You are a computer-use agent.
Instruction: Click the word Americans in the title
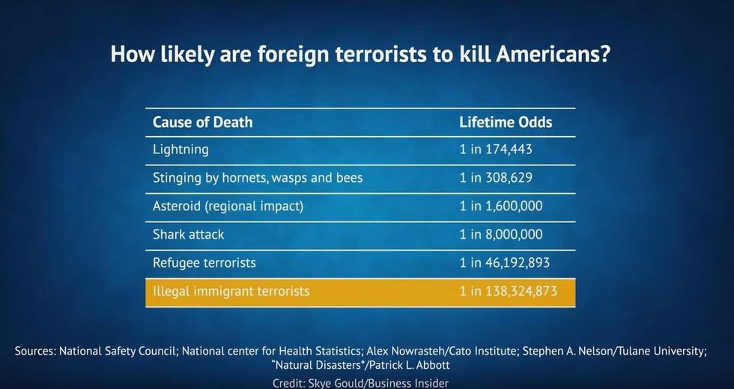coord(553,54)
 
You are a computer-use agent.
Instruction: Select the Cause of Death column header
coord(203,122)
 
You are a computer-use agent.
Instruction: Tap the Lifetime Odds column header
coord(506,122)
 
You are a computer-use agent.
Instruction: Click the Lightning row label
coord(181,150)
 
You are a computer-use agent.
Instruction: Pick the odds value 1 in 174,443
coord(496,150)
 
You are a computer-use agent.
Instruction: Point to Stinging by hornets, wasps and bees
coord(258,178)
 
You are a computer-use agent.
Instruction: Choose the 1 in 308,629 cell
coord(496,178)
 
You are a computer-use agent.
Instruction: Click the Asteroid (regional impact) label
coord(228,206)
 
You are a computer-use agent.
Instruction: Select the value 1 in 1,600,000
coord(501,206)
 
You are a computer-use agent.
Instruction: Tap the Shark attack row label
coord(188,234)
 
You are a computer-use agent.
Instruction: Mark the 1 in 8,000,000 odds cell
coord(501,234)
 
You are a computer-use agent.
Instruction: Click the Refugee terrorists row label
coord(204,263)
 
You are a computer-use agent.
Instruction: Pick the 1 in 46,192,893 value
coord(505,263)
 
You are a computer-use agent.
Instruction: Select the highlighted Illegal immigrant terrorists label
coord(231,291)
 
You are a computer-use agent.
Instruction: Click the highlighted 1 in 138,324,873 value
coord(509,291)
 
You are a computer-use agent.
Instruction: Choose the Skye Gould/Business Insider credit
coord(378,383)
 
